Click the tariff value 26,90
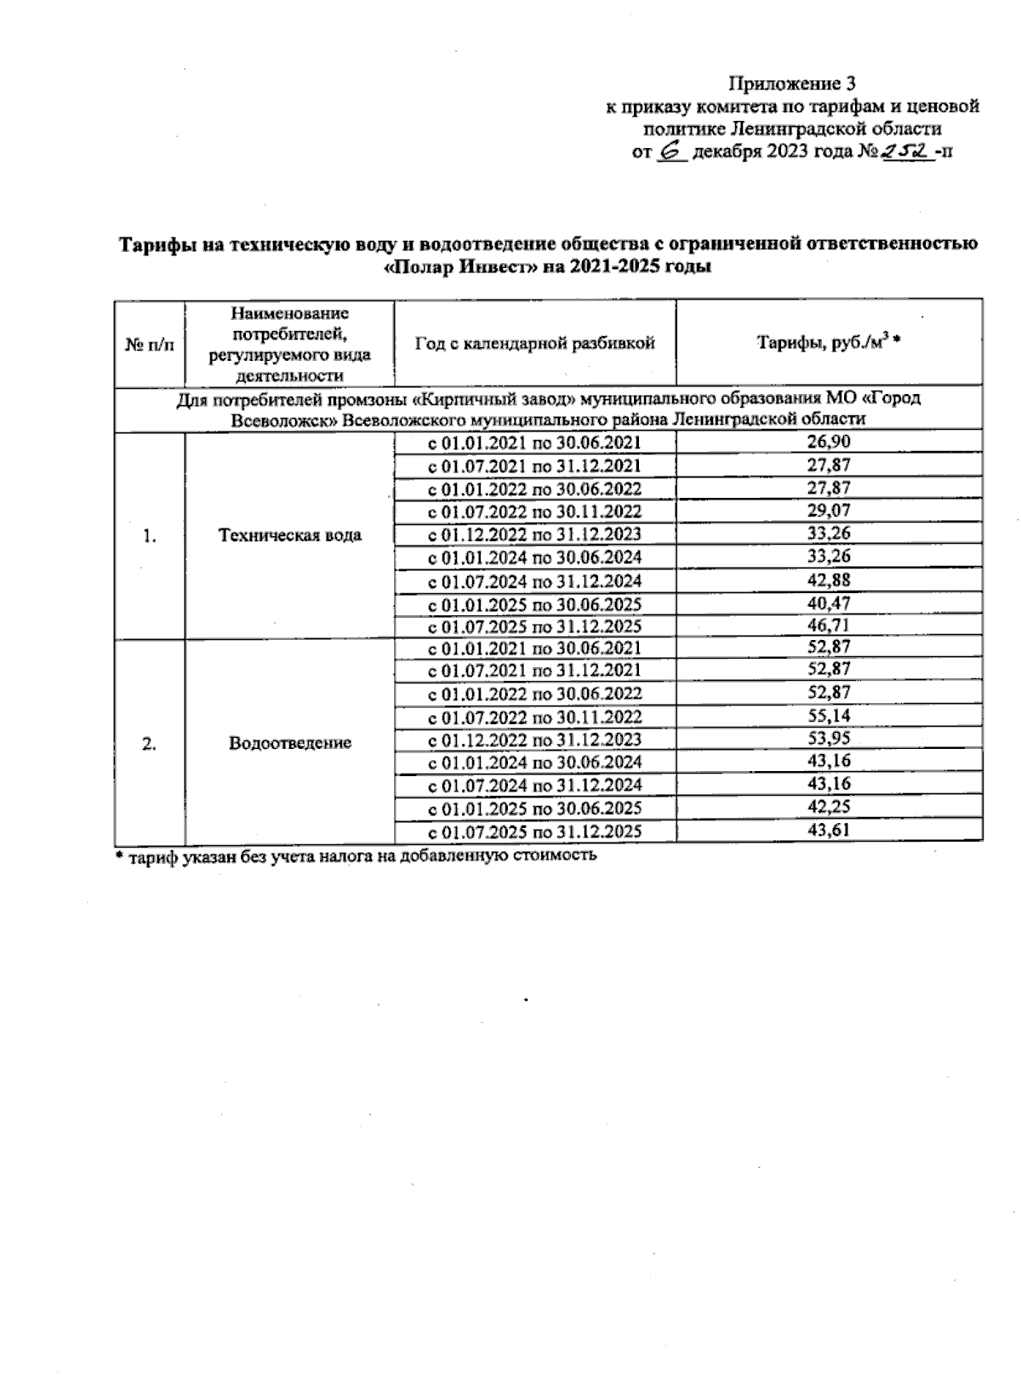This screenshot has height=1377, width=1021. (x=829, y=442)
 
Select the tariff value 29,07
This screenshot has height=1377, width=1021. (x=829, y=511)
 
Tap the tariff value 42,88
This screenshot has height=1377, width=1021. (x=829, y=580)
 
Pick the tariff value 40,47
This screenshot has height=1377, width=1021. (x=829, y=603)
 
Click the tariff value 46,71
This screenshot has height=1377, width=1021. (x=829, y=626)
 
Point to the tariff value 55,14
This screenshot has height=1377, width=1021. (x=829, y=716)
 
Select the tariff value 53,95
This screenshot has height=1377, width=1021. (x=829, y=738)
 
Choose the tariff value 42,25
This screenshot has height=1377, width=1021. (x=829, y=807)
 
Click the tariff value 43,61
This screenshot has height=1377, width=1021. (x=829, y=830)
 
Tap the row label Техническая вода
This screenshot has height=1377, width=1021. (x=289, y=535)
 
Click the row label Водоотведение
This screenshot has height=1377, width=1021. (x=289, y=743)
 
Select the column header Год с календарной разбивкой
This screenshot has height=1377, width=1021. (x=534, y=344)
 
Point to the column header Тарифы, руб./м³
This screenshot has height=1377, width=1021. (x=829, y=343)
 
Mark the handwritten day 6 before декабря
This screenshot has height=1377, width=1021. (x=672, y=151)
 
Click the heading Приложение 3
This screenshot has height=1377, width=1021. (x=791, y=83)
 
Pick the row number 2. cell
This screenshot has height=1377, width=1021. (x=149, y=743)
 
